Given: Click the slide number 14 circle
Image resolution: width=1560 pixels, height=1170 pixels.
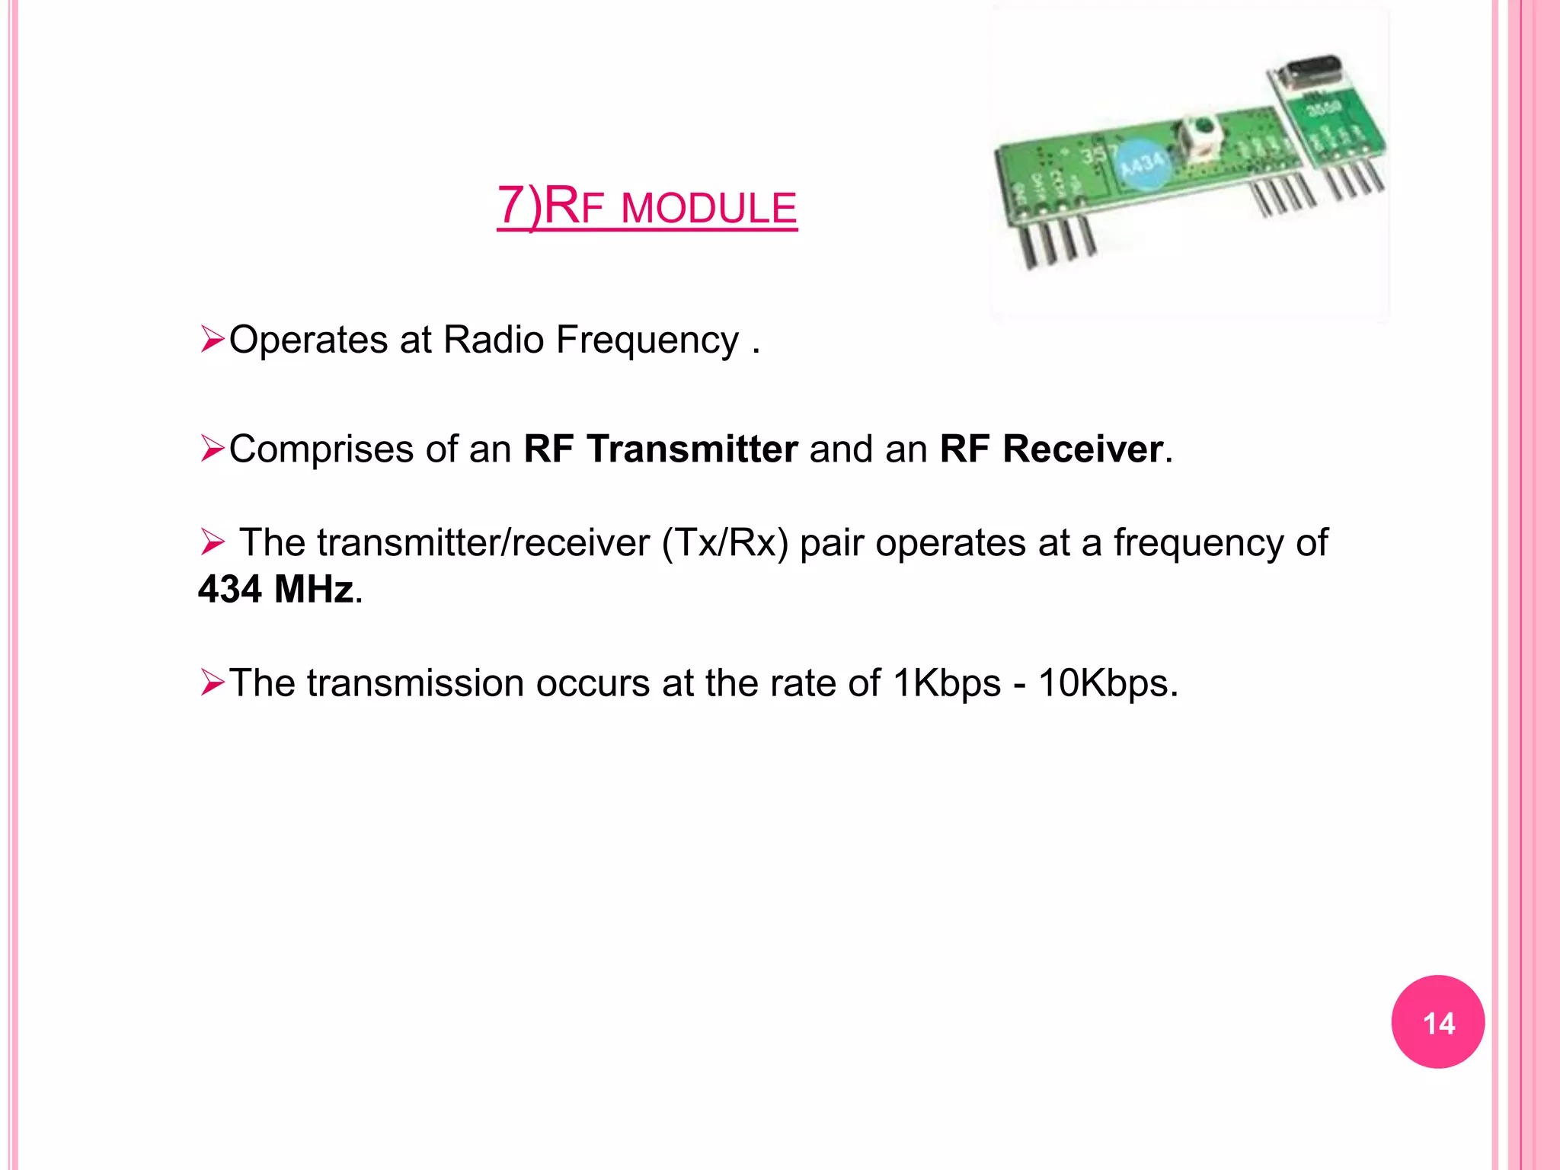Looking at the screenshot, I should point(1437,1021).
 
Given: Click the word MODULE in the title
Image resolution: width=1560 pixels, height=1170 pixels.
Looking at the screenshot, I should point(708,209).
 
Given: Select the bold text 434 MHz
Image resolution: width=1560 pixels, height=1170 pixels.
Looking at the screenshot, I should point(276,589).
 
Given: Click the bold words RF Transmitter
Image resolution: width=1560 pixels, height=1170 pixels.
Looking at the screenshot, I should point(660,449).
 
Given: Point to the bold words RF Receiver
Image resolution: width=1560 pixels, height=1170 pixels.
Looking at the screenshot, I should point(1051,449).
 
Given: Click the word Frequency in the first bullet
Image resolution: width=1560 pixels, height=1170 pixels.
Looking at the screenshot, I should point(647,340).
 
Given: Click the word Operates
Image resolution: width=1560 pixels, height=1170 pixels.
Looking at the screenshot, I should point(308,340).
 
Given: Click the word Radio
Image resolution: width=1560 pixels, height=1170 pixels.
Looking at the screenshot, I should point(493,340).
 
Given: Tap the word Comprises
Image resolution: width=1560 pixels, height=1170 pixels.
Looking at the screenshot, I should point(321,449).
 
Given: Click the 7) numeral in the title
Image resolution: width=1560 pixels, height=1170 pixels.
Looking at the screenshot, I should point(519,206).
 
